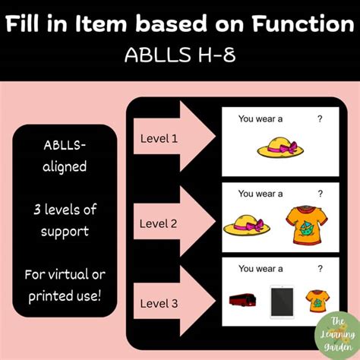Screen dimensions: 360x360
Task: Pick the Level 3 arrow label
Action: click(x=159, y=304)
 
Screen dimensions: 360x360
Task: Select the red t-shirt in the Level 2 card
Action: click(x=308, y=223)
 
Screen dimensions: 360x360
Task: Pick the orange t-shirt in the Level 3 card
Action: click(x=315, y=301)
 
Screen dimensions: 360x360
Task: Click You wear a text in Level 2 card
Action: click(x=261, y=194)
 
